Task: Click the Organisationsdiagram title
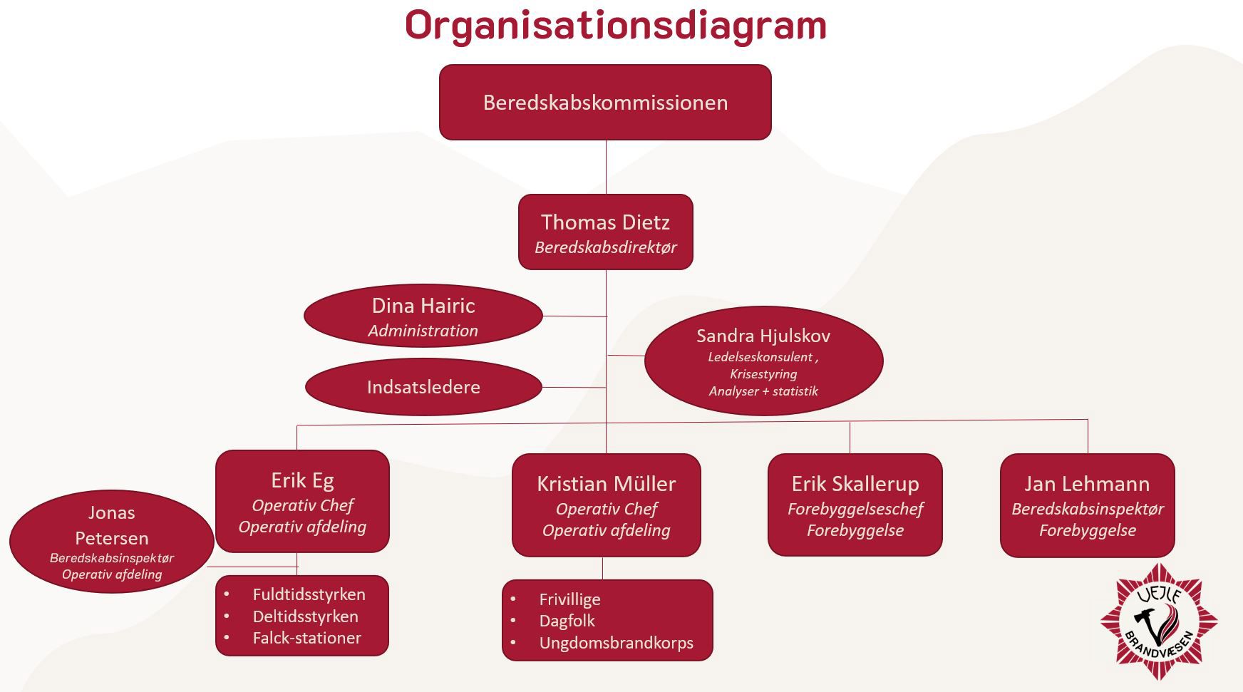click(x=616, y=26)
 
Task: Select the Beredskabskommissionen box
click(x=605, y=103)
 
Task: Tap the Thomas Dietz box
click(x=605, y=232)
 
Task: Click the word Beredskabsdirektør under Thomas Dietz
click(x=605, y=247)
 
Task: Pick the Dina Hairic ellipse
click(x=423, y=316)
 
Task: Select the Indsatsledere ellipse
click(x=423, y=387)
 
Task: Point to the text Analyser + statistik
click(x=763, y=391)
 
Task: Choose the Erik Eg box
click(x=302, y=501)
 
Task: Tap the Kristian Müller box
click(x=606, y=505)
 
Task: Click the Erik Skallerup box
click(x=855, y=505)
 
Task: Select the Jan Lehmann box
click(x=1087, y=505)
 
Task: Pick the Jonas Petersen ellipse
click(x=111, y=542)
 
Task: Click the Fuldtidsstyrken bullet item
click(x=309, y=594)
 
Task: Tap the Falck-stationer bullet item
click(x=306, y=638)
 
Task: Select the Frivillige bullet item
click(x=569, y=599)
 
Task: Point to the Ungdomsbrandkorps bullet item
click(x=616, y=643)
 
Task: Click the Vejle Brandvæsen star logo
click(x=1158, y=621)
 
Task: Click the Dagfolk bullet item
click(x=567, y=621)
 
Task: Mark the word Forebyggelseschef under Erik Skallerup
click(x=855, y=509)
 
